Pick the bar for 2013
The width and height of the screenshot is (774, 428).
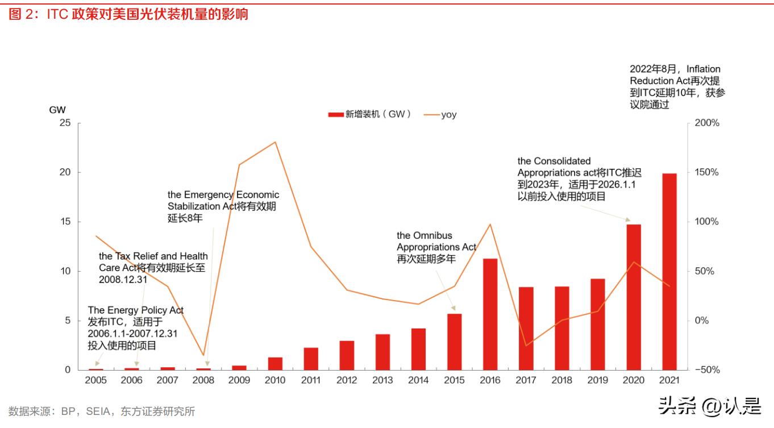coord(383,352)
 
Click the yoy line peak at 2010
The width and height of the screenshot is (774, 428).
coord(276,142)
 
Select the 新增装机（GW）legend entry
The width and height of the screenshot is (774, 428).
coord(370,114)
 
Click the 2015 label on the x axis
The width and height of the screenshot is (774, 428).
coord(454,380)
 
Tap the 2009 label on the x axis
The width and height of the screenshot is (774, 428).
coord(239,380)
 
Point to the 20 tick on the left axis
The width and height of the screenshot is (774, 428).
coord(65,172)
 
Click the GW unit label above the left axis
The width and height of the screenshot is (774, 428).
coord(57,109)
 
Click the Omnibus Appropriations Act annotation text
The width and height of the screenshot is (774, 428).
coord(436,247)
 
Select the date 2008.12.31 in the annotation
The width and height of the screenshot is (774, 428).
coord(123,280)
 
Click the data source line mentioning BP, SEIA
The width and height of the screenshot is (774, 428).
coord(102,411)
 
